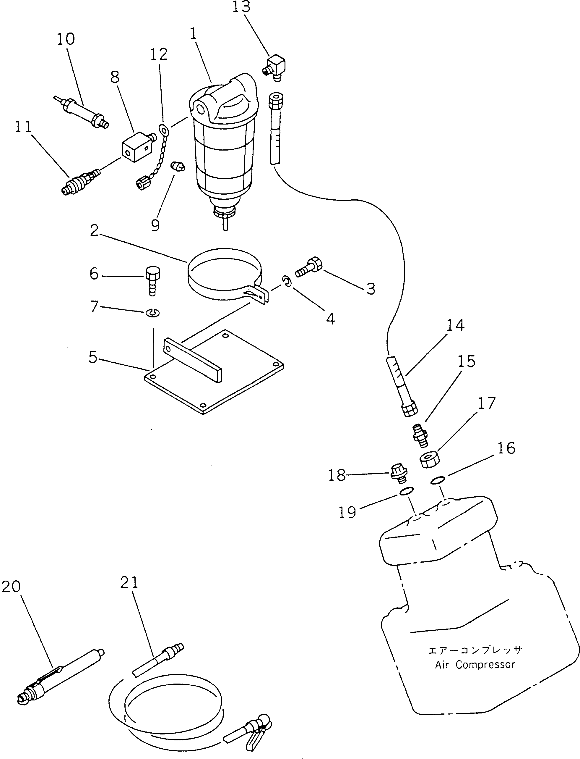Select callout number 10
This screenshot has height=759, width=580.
point(66,39)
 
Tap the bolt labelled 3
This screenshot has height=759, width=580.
point(309,267)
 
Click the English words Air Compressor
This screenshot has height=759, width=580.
point(475,674)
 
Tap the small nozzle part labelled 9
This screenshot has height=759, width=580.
point(178,167)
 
